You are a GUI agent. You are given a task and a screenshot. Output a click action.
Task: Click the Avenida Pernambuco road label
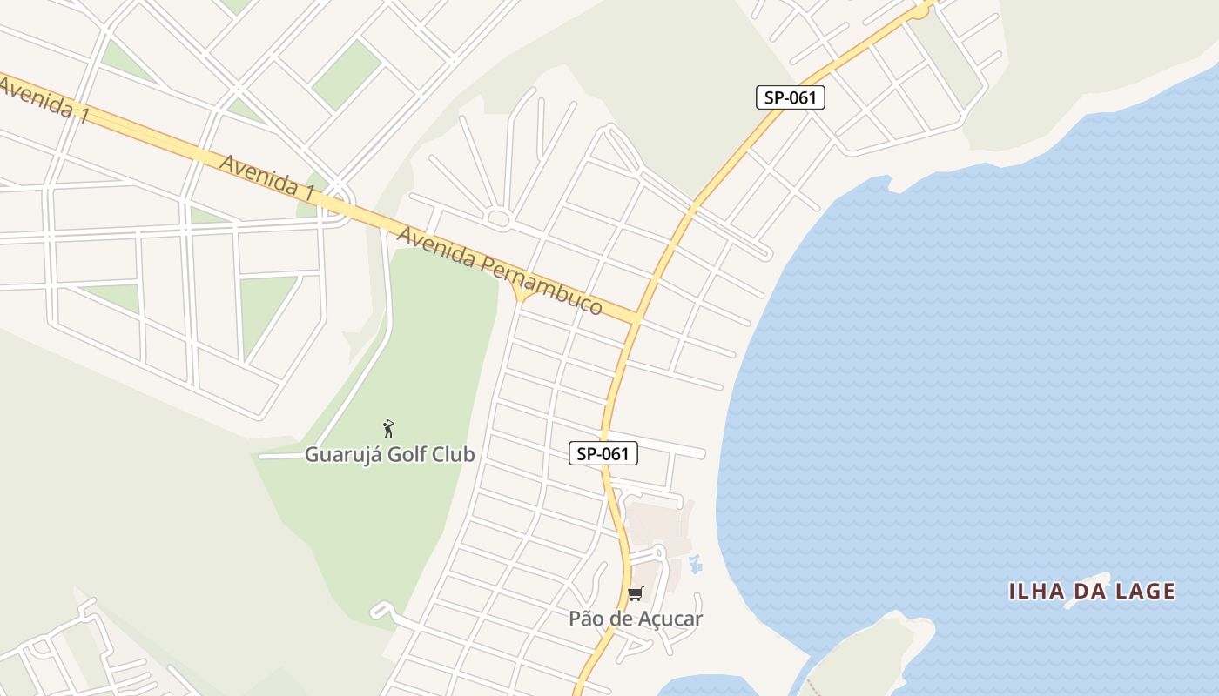click(500, 271)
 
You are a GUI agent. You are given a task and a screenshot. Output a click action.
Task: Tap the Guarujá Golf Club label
click(389, 454)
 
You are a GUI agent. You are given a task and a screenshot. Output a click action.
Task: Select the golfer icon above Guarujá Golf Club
click(389, 429)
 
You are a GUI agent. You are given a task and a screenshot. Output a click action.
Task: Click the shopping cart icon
click(636, 594)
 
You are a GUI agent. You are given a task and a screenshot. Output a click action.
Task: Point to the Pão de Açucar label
click(636, 619)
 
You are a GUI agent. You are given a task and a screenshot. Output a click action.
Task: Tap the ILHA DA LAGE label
click(1092, 592)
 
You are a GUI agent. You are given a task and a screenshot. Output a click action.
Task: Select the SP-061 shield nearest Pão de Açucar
click(603, 453)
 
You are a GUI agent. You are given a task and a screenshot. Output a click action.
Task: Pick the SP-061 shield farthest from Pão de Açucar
click(790, 97)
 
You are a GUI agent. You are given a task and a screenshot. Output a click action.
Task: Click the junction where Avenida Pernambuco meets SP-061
click(636, 318)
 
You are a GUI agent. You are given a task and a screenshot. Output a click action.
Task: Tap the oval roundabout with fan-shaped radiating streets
click(499, 218)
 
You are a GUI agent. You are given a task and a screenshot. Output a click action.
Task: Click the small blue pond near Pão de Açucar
click(695, 564)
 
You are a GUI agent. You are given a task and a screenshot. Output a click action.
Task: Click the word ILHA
click(1037, 592)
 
